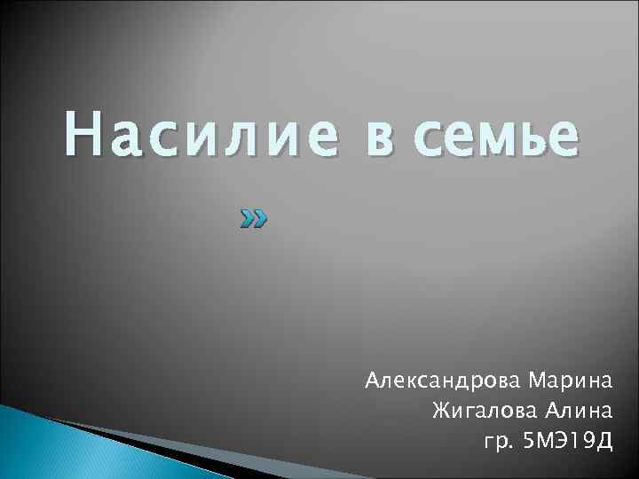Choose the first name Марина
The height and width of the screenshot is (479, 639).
pos(571,382)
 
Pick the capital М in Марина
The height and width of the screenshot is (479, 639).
pos(537,382)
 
